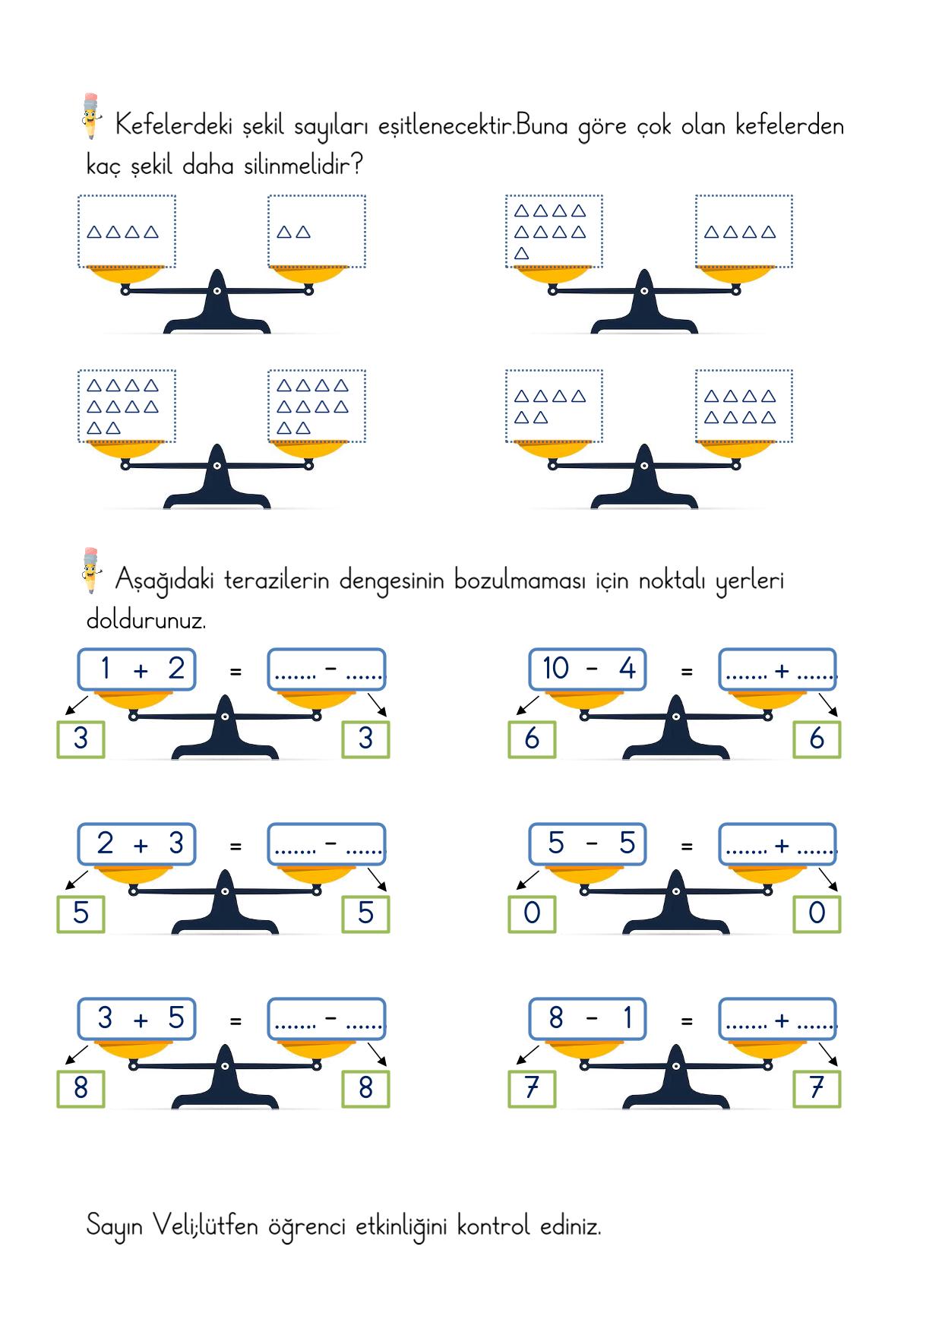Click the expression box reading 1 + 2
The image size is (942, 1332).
point(137,669)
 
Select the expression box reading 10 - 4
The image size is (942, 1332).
point(587,669)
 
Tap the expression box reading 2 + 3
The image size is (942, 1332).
point(137,844)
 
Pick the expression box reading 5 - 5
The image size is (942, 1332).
point(587,844)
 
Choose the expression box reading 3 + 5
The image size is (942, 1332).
point(137,1019)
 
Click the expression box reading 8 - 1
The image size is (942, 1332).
point(587,1019)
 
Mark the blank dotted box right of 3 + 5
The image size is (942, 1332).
point(327,1019)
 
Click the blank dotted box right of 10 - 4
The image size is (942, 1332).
point(778,669)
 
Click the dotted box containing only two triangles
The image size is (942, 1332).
point(317,231)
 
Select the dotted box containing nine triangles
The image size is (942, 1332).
point(554,231)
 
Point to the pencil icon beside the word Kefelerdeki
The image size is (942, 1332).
point(90,115)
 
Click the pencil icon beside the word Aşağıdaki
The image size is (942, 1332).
point(90,570)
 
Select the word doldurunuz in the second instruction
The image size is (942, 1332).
point(146,619)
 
